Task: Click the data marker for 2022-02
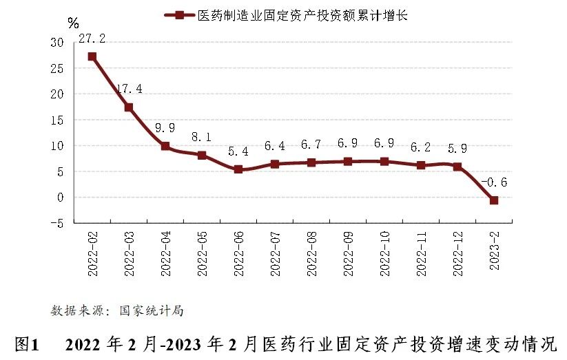92,56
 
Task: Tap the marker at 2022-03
129,107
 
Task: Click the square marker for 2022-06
238,169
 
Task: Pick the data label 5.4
238,150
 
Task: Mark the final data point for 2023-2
494,200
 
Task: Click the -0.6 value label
494,182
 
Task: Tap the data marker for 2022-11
421,165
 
